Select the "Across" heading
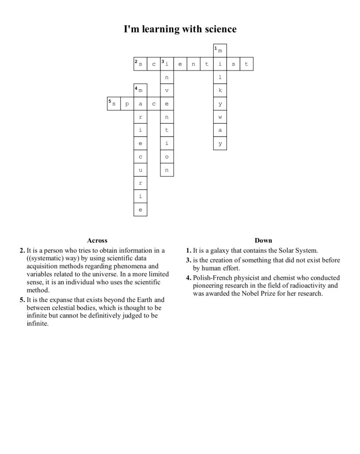pos(97,240)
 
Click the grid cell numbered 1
pos(220,51)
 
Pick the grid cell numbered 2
pos(140,64)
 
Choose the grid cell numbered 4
pos(140,90)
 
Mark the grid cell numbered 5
pos(113,104)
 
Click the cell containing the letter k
pos(220,90)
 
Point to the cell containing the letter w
pos(220,117)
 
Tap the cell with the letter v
pos(167,90)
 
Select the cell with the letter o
pos(167,157)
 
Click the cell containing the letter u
pos(140,170)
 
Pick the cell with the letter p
pos(127,104)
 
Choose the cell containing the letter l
pos(220,77)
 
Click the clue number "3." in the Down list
pos(188,260)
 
